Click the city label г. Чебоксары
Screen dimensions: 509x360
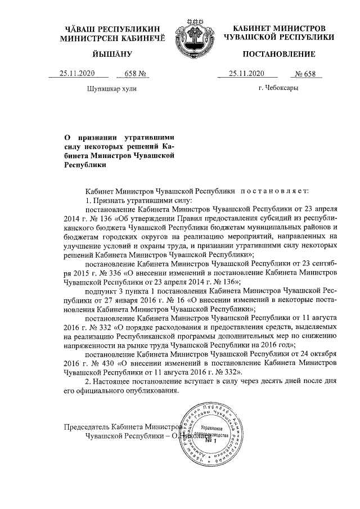(278, 88)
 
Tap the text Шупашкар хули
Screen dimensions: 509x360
(111, 88)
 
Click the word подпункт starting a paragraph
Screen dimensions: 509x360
(101, 292)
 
